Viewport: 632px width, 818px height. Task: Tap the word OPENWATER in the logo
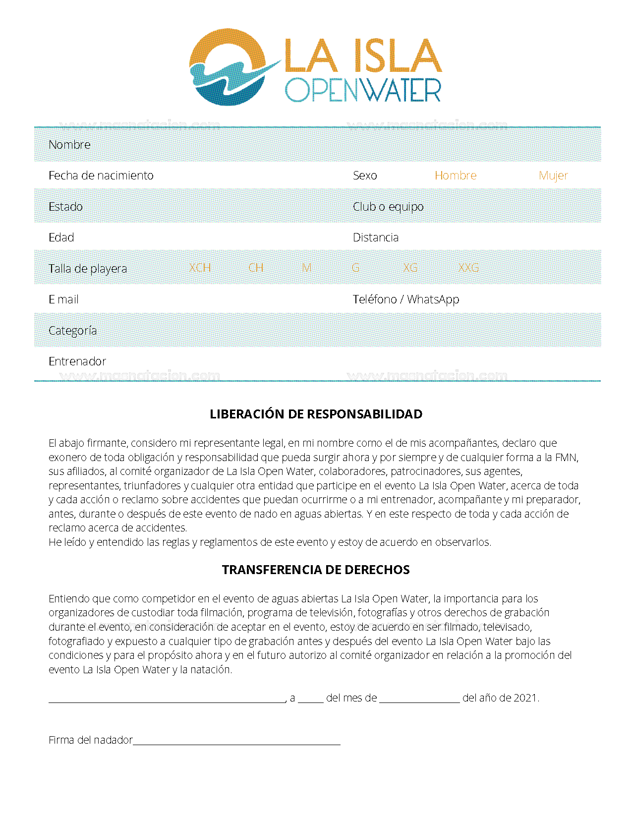click(x=362, y=90)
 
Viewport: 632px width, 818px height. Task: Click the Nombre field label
click(x=69, y=145)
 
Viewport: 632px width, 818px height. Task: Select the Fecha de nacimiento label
click(x=101, y=175)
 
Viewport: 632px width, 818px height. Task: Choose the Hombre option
click(x=455, y=175)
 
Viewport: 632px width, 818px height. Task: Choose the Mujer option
click(x=553, y=175)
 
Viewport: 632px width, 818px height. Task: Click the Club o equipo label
click(x=388, y=207)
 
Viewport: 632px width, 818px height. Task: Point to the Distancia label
click(x=375, y=237)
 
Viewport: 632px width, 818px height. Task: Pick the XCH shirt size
click(x=200, y=268)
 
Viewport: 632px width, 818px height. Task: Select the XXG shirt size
click(x=468, y=268)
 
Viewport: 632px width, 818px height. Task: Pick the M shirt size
click(x=307, y=268)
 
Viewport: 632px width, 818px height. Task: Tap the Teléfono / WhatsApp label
click(x=405, y=299)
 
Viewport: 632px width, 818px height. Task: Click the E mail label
click(x=63, y=299)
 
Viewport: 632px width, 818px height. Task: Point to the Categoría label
click(x=72, y=331)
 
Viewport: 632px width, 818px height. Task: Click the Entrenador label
click(x=77, y=361)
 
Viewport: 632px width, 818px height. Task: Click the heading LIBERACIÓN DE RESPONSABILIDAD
click(x=316, y=414)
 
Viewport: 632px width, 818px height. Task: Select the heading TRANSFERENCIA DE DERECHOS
click(x=316, y=570)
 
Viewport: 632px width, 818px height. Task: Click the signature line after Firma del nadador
click(x=236, y=742)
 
